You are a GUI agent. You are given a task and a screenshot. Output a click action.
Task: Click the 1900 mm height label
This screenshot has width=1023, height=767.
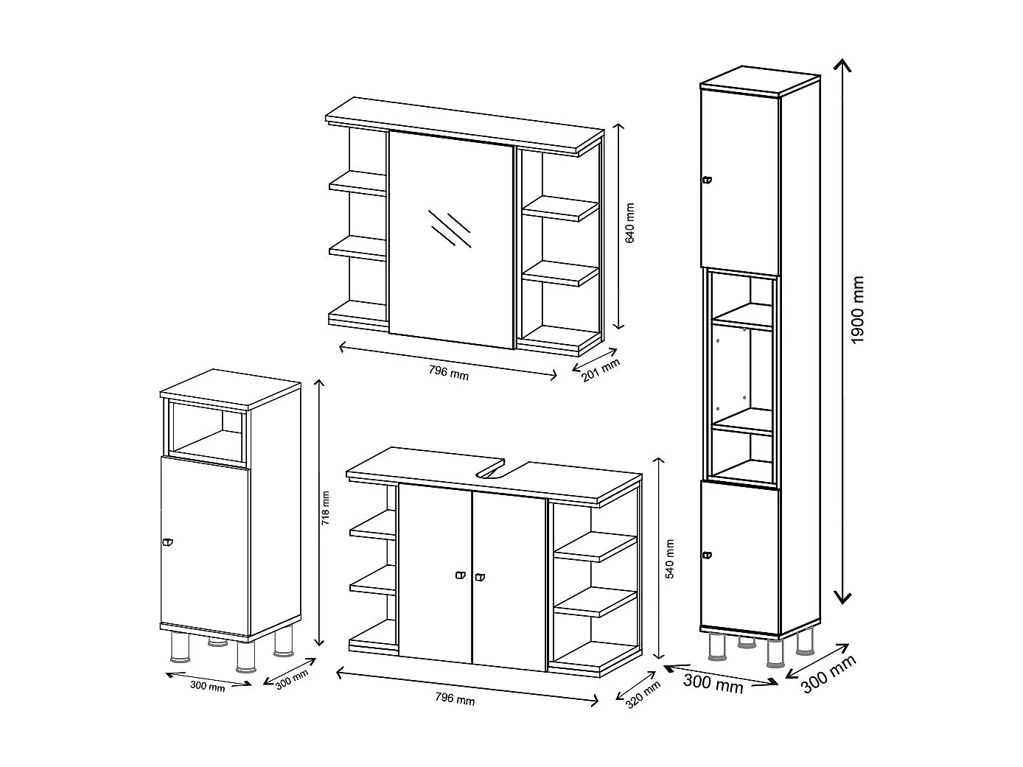(857, 310)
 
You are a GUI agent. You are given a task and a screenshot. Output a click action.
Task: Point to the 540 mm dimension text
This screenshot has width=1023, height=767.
(670, 559)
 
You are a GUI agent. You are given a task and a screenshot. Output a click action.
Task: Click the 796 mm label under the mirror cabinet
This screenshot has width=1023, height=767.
(448, 373)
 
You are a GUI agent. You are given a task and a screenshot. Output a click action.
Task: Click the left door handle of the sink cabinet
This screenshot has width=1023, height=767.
(461, 575)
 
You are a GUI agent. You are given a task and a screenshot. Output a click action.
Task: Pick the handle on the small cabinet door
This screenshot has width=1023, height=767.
(167, 542)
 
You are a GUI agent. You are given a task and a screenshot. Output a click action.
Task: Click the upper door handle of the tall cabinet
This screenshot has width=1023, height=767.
(708, 180)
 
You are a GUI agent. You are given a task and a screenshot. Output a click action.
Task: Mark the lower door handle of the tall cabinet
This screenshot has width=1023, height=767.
(708, 555)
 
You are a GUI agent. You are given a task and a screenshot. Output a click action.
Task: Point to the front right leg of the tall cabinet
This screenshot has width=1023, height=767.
(775, 653)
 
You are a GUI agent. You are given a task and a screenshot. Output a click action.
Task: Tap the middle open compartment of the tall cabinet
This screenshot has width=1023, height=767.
(741, 376)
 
